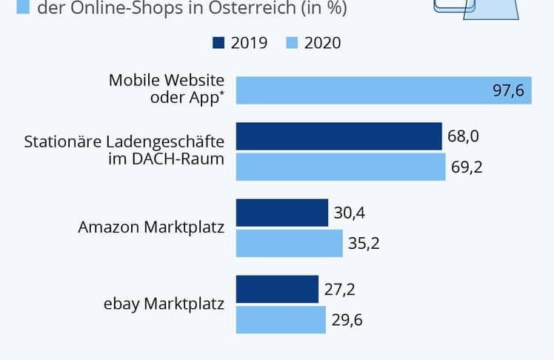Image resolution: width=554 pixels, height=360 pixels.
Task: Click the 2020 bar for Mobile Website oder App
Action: [384, 90]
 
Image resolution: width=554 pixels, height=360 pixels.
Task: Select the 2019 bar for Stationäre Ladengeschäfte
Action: [339, 136]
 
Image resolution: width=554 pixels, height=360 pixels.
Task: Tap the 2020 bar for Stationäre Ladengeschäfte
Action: [341, 167]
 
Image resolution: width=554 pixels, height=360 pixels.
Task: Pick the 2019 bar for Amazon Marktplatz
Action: [282, 213]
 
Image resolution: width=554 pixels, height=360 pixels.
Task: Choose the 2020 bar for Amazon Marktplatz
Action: [290, 243]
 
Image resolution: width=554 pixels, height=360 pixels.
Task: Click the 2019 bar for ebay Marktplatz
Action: [277, 289]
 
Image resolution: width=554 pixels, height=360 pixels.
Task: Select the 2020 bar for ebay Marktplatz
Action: [281, 319]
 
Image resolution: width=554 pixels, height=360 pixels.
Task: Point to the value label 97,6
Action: [508, 90]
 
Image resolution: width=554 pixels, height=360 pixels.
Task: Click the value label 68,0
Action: [463, 136]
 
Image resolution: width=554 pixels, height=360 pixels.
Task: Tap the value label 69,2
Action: [467, 167]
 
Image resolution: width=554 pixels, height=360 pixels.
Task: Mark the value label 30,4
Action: [350, 213]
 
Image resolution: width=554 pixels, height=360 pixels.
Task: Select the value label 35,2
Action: [364, 243]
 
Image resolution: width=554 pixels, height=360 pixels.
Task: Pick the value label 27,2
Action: [340, 289]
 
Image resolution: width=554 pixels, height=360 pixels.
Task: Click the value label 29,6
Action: [347, 319]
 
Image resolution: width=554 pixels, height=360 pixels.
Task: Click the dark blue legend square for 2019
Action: [218, 43]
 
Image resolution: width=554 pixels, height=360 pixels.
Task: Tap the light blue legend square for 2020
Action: [291, 43]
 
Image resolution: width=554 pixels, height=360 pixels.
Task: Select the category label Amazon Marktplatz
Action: [151, 227]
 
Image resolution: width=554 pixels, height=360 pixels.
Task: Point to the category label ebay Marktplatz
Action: [164, 304]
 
